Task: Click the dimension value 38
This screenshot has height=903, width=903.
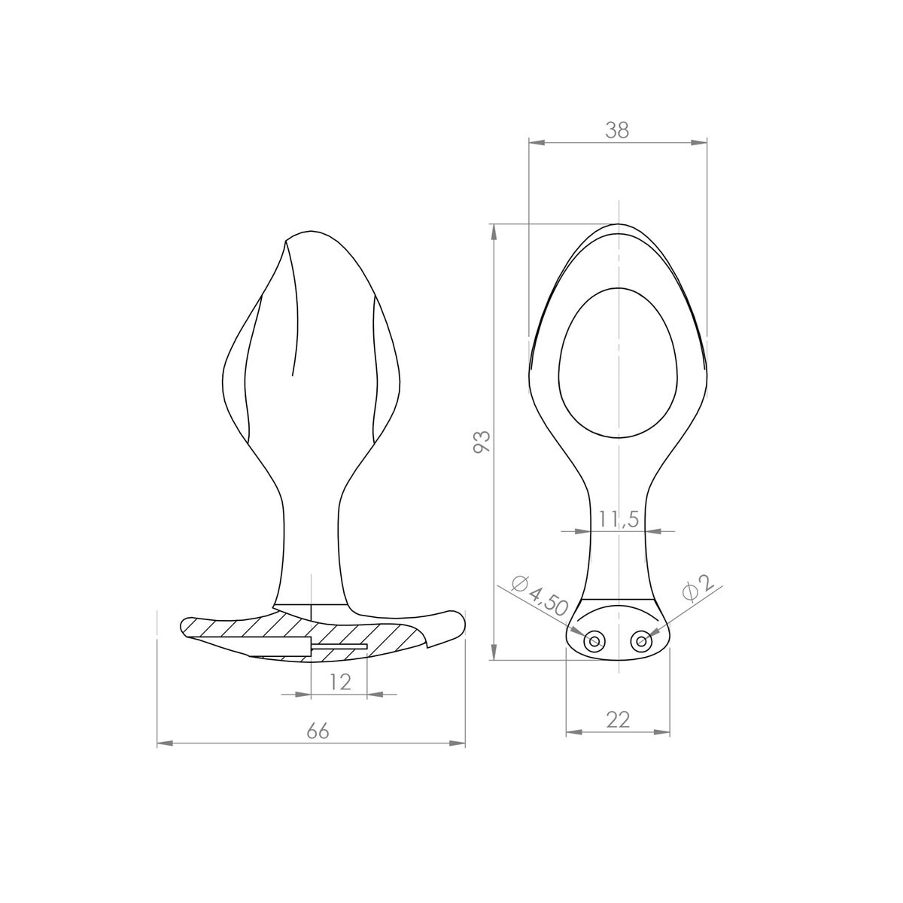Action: point(617,130)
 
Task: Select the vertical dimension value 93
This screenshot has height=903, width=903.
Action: point(482,442)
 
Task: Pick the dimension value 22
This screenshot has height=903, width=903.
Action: point(618,719)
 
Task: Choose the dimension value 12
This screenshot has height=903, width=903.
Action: point(341,682)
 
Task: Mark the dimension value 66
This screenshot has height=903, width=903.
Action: point(318,731)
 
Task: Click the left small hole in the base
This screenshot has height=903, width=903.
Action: point(594,641)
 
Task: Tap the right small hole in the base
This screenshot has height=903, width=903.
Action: point(641,641)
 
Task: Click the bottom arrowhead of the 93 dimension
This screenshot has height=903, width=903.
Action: point(494,654)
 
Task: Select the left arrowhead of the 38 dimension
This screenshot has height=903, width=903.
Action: point(535,142)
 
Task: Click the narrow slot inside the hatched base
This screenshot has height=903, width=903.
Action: point(339,646)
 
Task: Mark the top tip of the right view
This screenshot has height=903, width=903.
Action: point(618,224)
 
